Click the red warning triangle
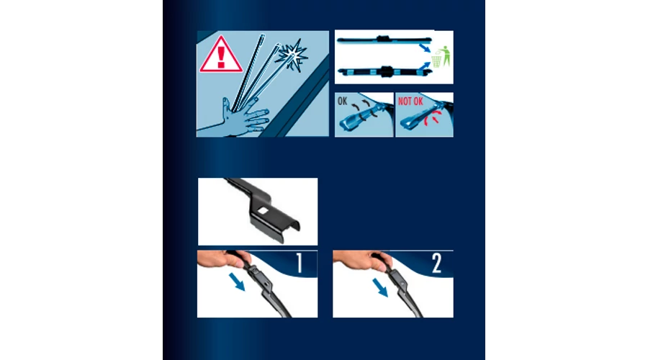point(221,55)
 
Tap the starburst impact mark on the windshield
point(292,55)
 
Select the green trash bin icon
point(436,61)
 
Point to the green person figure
point(446,55)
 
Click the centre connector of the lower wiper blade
point(386,71)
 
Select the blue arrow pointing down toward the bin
point(425,48)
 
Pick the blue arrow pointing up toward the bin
point(424,66)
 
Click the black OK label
point(342,102)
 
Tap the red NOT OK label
point(410,102)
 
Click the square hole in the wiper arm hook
point(262,211)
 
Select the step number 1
point(300,263)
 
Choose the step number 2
point(437,263)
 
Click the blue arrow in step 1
point(237,282)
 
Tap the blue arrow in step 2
point(380,288)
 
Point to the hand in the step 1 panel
point(223,259)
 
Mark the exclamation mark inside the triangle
point(221,57)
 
